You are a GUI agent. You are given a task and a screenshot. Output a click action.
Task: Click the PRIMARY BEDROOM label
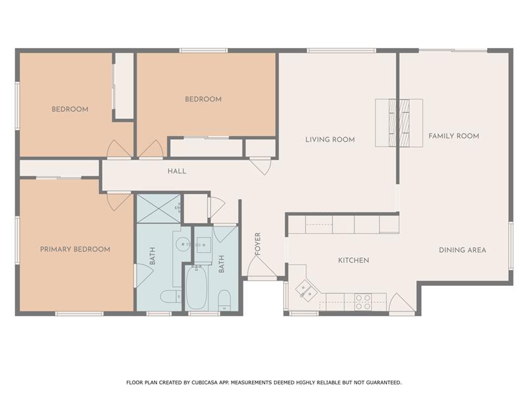[x=75, y=249]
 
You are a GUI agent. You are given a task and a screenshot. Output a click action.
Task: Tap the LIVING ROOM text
[x=330, y=139]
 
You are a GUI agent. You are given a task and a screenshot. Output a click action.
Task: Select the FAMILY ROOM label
[x=453, y=136]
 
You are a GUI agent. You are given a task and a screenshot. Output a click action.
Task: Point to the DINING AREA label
[x=463, y=250]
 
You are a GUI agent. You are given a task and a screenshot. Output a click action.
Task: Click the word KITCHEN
[x=353, y=261]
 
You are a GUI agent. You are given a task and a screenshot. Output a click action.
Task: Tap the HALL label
[x=176, y=171]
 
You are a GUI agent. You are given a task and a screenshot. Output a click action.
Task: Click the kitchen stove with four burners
[x=363, y=302]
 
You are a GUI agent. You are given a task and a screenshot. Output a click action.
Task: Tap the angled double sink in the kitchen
[x=306, y=288]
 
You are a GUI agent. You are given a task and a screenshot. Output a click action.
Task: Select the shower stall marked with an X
[x=158, y=208]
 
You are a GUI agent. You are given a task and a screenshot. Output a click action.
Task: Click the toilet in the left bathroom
[x=170, y=297]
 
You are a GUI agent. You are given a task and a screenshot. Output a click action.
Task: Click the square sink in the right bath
[x=203, y=244]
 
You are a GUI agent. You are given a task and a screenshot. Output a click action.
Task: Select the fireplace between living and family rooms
[x=399, y=123]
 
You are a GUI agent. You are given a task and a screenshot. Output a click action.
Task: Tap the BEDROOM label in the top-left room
[x=70, y=109]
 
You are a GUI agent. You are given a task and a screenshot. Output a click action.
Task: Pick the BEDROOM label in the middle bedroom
[x=203, y=99]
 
